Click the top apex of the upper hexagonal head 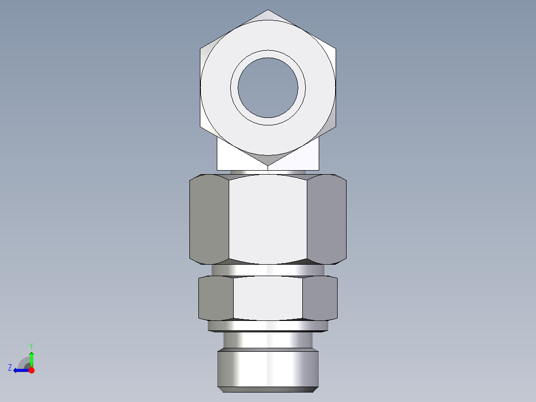pos(268,10)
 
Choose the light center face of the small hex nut pos(268,298)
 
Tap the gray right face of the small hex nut pos(320,298)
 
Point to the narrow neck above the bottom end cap pos(268,340)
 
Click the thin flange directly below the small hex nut pos(268,326)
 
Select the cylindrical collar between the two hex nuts pos(268,270)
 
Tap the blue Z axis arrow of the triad pos(20,370)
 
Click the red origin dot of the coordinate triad pos(31,370)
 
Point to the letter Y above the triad pos(31,345)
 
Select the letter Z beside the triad pos(10,368)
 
